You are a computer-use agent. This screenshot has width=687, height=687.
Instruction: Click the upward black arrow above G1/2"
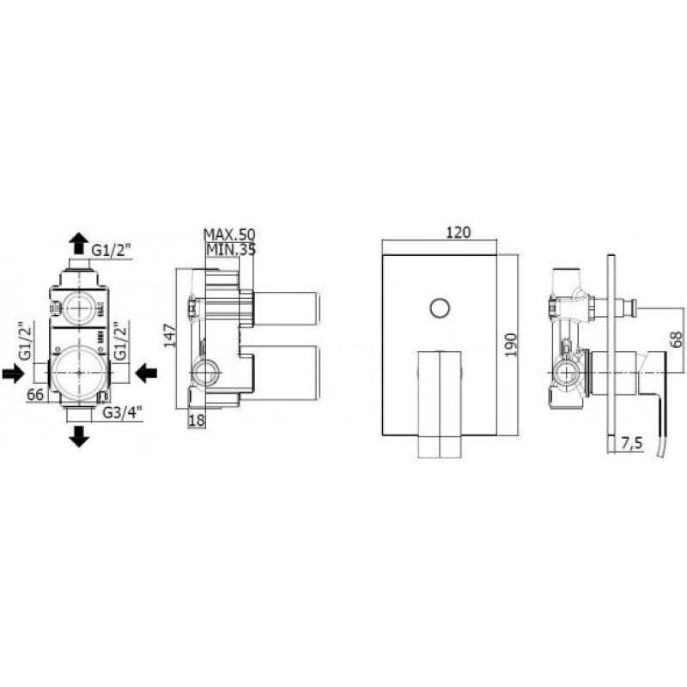[x=79, y=243]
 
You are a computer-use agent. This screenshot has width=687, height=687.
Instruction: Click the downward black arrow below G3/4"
[x=79, y=436]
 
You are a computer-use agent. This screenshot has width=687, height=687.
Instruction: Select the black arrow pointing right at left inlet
[x=13, y=374]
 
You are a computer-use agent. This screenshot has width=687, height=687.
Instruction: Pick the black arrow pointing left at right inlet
[x=146, y=374]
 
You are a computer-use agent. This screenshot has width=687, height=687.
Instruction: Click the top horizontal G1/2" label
[x=112, y=251]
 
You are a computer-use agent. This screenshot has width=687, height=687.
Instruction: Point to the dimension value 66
[x=35, y=394]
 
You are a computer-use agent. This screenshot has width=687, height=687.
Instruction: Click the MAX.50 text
[x=229, y=234]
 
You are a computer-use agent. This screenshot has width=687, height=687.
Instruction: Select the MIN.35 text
[x=231, y=249]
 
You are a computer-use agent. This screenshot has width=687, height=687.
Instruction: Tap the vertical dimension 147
[x=170, y=335]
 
